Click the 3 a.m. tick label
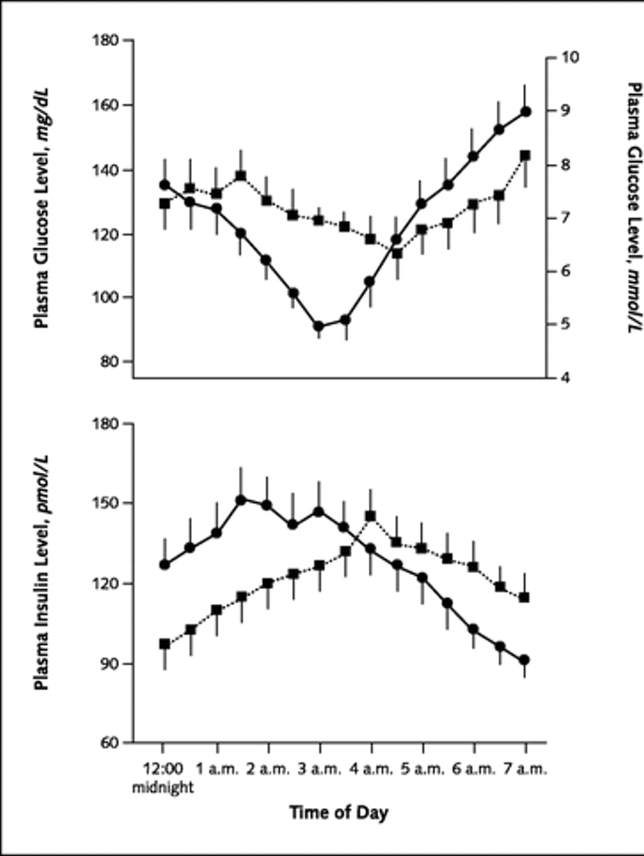point(319,769)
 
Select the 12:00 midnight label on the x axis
point(163,778)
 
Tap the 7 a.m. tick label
point(526,769)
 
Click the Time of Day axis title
point(339,813)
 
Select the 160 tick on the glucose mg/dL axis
point(106,106)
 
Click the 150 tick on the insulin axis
point(106,503)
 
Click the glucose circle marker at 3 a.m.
point(319,326)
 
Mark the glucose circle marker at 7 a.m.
point(526,112)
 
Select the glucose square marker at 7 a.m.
point(526,155)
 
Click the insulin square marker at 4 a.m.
point(370,516)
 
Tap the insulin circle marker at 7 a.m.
point(525,660)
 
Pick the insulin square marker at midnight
point(165,644)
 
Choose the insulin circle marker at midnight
point(165,564)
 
